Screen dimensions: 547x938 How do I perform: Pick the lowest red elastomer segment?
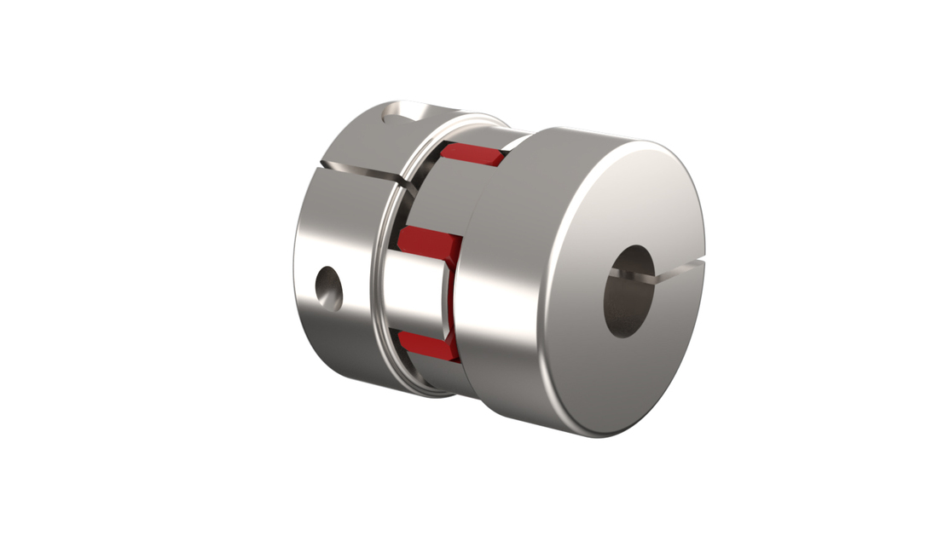click(x=431, y=344)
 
